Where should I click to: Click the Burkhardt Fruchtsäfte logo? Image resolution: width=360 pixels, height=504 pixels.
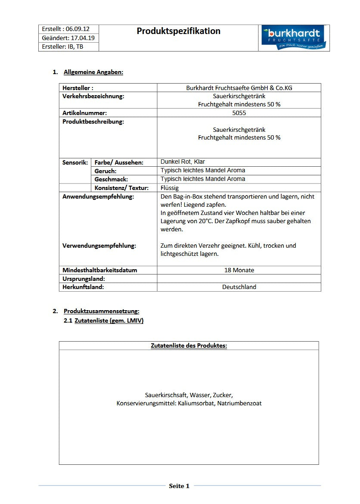(294, 37)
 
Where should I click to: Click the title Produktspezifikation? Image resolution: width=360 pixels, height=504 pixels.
(178, 31)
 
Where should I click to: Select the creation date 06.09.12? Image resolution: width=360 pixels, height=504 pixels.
(78, 29)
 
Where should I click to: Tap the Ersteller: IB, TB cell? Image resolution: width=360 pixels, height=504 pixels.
(62, 47)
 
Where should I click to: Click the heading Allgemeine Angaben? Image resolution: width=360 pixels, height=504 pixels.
(93, 72)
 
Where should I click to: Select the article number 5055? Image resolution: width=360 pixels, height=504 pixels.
(239, 113)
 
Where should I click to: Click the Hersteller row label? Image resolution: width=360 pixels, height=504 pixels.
(78, 88)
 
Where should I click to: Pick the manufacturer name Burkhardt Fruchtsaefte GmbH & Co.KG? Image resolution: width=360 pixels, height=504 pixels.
(239, 88)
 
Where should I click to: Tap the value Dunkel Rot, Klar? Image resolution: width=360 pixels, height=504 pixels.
(183, 162)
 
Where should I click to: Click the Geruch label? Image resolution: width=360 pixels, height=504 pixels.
(106, 171)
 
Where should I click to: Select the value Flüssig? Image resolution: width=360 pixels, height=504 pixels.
(169, 188)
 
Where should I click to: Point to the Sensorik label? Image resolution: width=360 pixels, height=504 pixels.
(75, 162)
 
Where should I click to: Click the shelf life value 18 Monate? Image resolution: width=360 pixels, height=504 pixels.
(239, 270)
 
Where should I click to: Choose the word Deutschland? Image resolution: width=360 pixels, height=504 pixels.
(239, 287)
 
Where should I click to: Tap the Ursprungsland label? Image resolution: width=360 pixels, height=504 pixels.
(84, 279)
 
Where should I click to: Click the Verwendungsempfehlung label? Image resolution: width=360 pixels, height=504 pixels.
(99, 246)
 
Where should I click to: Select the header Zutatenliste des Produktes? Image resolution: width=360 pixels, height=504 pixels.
(189, 345)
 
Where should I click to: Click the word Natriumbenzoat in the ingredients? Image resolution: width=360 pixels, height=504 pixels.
(239, 403)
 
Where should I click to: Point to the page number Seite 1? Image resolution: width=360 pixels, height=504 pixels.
(179, 486)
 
